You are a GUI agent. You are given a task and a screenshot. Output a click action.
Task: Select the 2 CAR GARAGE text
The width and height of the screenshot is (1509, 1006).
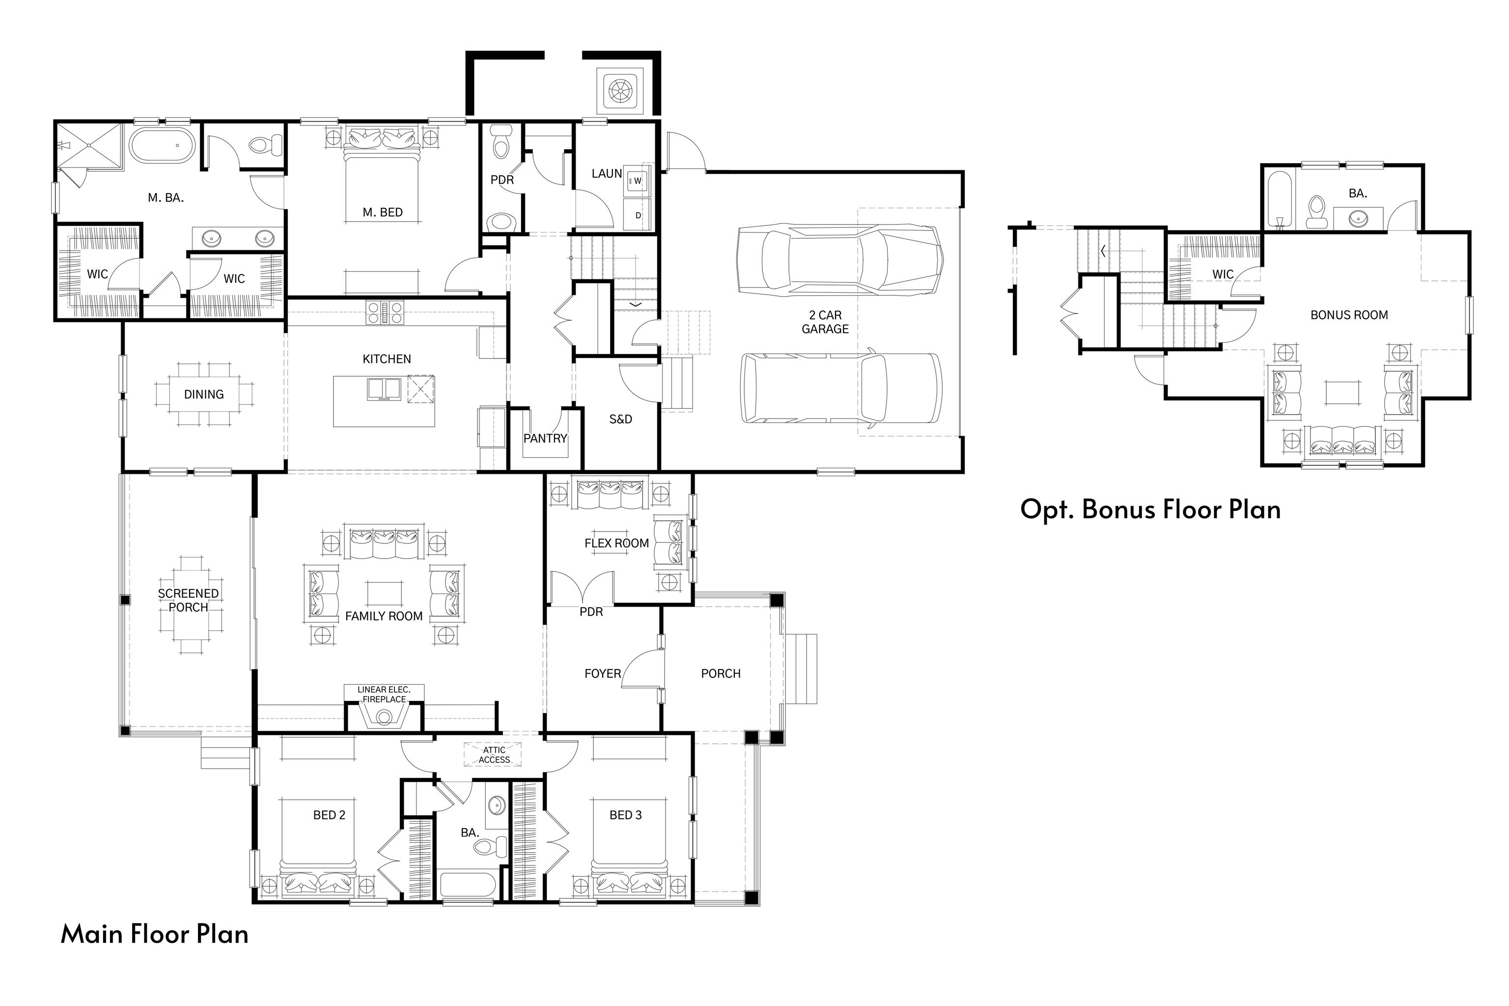click(x=825, y=322)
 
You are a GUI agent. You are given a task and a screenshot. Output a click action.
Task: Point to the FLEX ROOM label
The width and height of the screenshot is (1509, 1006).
click(x=616, y=543)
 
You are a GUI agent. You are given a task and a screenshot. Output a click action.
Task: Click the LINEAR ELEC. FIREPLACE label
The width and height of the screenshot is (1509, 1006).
click(x=384, y=694)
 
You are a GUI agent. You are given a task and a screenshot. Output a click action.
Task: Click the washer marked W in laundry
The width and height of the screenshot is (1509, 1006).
click(x=637, y=181)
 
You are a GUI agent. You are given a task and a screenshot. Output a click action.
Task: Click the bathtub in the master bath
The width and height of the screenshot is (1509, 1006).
click(x=162, y=144)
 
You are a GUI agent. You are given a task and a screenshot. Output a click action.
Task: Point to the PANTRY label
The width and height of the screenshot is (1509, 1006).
click(x=545, y=439)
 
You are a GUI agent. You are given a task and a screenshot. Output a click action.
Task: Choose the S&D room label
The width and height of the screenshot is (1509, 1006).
click(x=620, y=419)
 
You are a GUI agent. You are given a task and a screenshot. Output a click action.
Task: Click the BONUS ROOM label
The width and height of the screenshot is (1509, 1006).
click(x=1348, y=315)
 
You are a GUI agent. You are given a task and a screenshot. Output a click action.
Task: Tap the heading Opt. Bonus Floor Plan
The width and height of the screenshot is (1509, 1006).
click(x=1150, y=509)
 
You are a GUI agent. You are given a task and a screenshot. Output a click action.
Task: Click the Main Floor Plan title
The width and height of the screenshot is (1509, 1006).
click(x=155, y=934)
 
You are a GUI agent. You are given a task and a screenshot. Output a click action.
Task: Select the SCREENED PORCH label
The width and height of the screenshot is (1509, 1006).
click(x=188, y=601)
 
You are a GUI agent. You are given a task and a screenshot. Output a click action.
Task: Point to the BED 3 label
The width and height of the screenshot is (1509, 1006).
click(x=625, y=815)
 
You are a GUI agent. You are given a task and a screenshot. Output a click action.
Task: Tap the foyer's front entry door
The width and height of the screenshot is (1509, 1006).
click(x=643, y=669)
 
